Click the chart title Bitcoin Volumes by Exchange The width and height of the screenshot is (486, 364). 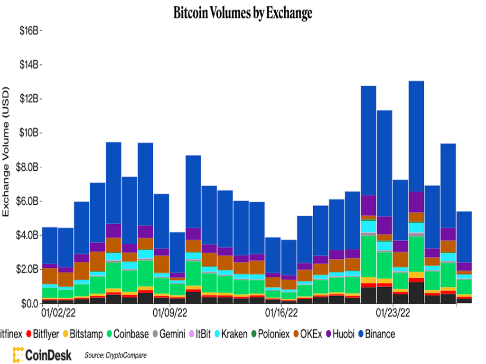(243, 13)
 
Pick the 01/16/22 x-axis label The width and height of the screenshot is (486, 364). (281, 313)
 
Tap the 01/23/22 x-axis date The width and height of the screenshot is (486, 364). (393, 313)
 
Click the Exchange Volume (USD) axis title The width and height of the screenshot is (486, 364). (7, 152)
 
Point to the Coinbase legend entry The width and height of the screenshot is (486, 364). (126, 334)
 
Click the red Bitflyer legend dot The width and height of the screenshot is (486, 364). (29, 334)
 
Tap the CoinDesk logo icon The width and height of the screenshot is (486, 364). (18, 355)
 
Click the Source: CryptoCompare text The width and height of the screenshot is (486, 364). (115, 355)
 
